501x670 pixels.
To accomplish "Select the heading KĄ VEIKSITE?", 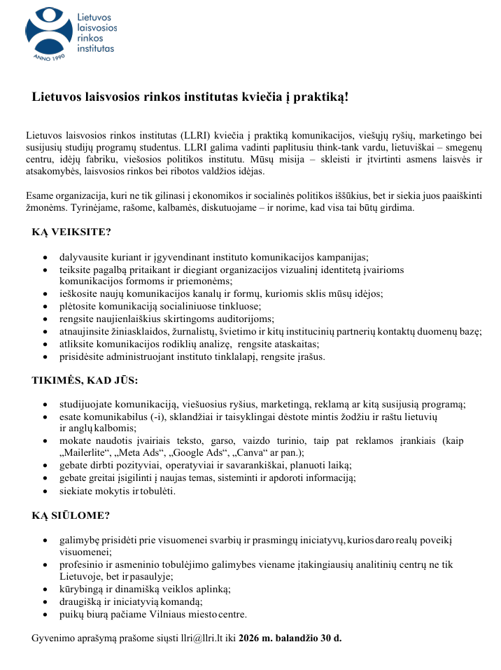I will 71,232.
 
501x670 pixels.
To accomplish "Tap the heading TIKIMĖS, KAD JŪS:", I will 85,380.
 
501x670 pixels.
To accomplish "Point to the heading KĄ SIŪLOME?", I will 71,516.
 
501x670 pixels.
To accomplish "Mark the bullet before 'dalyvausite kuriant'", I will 45,257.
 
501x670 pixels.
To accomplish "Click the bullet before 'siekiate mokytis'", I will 45,491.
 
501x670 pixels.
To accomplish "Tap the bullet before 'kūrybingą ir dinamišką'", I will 45,589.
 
